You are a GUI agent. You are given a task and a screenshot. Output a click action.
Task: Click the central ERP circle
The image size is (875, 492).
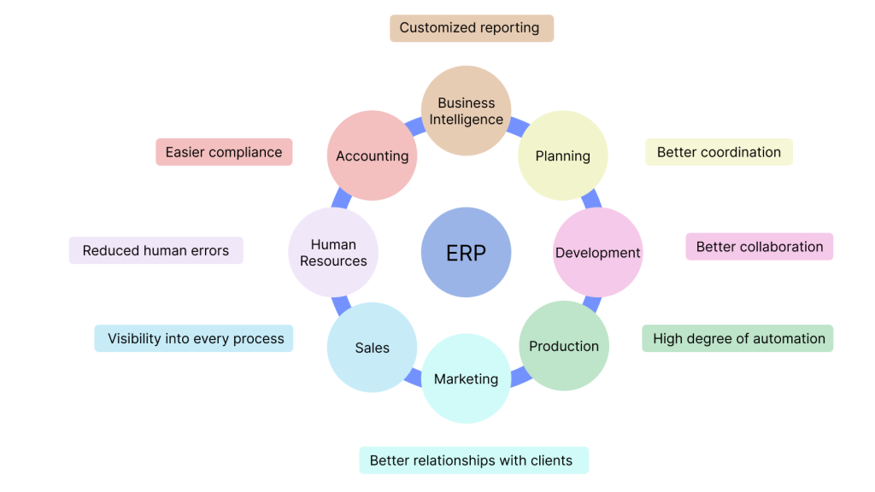coord(466,253)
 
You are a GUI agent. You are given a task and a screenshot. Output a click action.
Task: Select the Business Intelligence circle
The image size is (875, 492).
coord(466,111)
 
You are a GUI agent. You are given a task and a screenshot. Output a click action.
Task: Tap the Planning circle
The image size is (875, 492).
coord(563,155)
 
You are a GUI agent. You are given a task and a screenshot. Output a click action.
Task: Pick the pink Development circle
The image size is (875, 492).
coord(597,253)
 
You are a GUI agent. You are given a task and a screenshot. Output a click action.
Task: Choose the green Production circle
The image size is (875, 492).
coord(564,346)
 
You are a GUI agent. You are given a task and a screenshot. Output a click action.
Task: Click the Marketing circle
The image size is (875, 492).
coord(466,379)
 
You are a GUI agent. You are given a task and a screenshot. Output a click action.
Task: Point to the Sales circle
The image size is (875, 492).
coord(372,348)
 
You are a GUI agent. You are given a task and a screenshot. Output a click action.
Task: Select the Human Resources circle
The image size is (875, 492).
coord(333,253)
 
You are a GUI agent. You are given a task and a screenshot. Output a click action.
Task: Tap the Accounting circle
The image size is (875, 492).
coord(372,155)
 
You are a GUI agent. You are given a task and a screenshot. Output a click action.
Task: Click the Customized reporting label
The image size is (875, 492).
coord(472,27)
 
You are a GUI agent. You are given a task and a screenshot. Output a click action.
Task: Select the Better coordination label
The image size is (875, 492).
coord(719,152)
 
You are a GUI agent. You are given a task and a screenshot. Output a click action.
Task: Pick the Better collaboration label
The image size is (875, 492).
coord(759,247)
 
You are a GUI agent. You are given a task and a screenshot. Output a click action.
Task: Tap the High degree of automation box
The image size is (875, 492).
coord(737,338)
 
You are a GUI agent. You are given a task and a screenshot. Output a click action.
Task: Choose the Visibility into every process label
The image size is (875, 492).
coord(194,338)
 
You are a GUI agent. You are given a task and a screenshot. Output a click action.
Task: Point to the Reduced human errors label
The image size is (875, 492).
coord(156,250)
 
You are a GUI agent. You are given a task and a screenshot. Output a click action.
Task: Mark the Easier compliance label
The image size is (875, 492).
coord(224,152)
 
